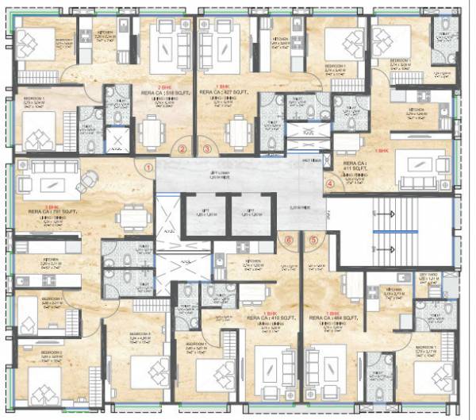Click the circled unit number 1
tap(148, 168)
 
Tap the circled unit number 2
tap(182, 148)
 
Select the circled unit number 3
tap(208, 148)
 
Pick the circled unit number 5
tap(314, 240)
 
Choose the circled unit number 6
tap(289, 240)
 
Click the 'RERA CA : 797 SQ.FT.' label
tap(50, 212)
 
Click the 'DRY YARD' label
tap(428, 276)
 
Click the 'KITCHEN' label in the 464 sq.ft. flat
tap(393, 290)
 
